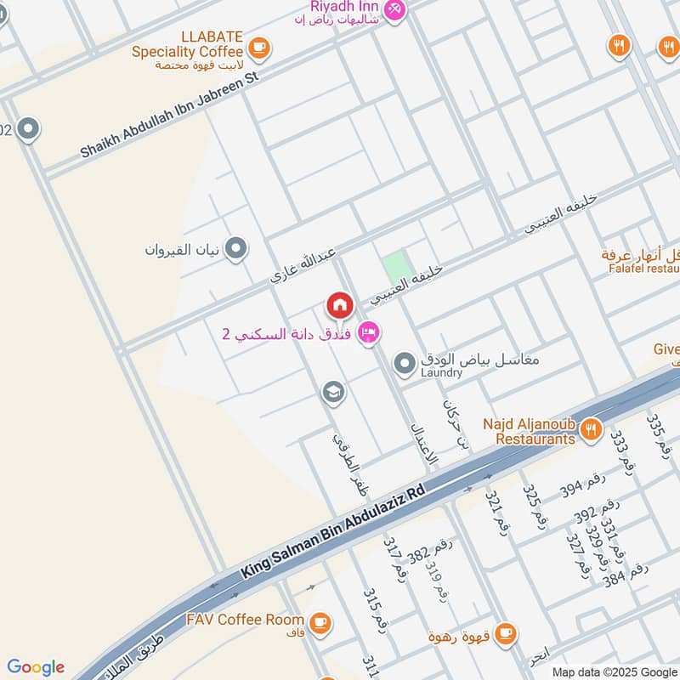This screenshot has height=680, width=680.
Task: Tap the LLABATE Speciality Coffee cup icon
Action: coord(259,47)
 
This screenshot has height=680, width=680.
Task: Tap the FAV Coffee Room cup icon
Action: coord(320,623)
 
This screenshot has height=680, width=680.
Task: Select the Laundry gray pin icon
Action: coord(406,365)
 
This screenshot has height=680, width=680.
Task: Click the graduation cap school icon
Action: coord(333,392)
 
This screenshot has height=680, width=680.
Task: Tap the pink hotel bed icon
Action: coord(369,332)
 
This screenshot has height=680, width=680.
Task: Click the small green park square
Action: coord(394,269)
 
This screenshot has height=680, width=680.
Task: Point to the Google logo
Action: coord(36,667)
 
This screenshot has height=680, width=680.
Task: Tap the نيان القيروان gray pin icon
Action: coord(236,249)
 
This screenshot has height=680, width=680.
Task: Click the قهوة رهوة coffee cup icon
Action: coord(505,632)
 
